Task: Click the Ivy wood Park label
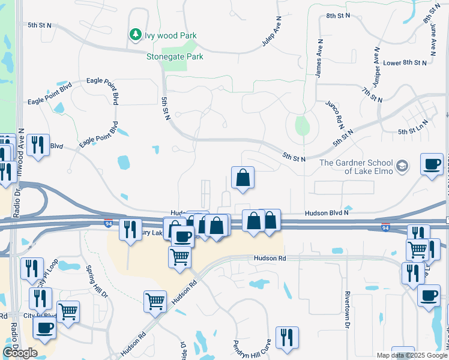coord(170,35)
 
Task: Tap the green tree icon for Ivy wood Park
coord(136,35)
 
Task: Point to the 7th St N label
coord(372,94)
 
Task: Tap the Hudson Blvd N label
coord(327,212)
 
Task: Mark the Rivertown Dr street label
coord(347,310)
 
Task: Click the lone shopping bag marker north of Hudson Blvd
coord(243,178)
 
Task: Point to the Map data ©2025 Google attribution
coord(411,355)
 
